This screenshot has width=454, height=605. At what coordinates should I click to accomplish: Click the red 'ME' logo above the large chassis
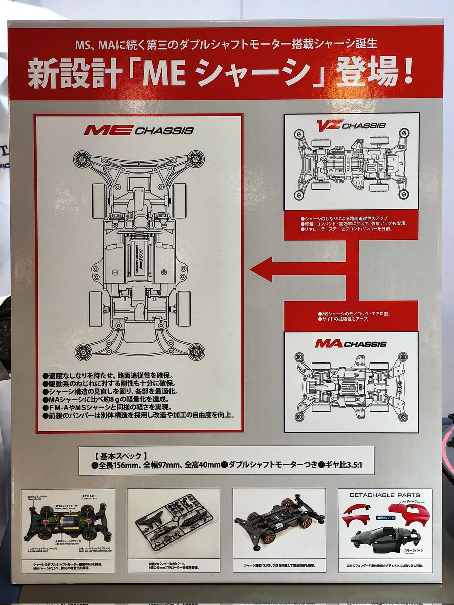pyautogui.click(x=108, y=130)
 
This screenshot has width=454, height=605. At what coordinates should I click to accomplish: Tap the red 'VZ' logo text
pyautogui.click(x=329, y=125)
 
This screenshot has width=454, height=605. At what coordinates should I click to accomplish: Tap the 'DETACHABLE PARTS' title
pyautogui.click(x=385, y=495)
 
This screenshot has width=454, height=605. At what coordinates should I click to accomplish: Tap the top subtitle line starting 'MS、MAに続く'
pyautogui.click(x=226, y=44)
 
